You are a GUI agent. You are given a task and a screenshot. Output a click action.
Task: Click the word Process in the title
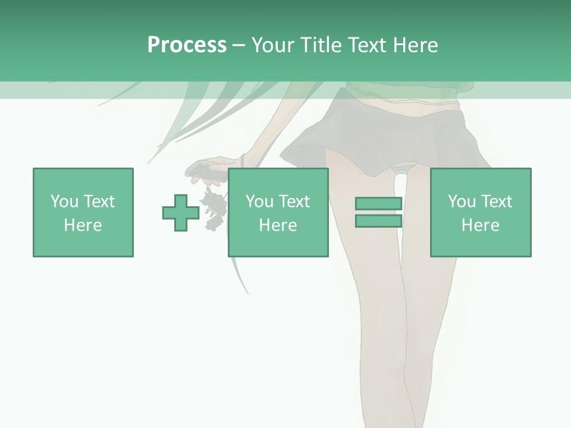point(187,45)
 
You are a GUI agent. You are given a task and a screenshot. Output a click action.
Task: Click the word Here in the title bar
point(415,45)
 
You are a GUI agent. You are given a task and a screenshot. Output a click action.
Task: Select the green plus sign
point(181,212)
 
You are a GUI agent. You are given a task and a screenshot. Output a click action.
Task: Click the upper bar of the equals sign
point(378,204)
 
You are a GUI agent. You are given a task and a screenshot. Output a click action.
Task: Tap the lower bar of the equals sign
point(378,221)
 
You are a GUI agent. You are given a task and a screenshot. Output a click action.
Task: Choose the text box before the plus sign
point(83,212)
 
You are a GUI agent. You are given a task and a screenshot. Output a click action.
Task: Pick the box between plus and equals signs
point(278,212)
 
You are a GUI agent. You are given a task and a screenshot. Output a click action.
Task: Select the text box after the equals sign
point(480,212)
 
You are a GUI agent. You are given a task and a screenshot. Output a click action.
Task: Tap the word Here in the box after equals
point(480,225)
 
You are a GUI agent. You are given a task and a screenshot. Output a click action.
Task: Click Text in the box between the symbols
point(294,202)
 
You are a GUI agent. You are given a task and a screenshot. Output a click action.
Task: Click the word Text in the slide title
point(364,45)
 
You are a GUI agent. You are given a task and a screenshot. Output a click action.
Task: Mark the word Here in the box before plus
point(83,225)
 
